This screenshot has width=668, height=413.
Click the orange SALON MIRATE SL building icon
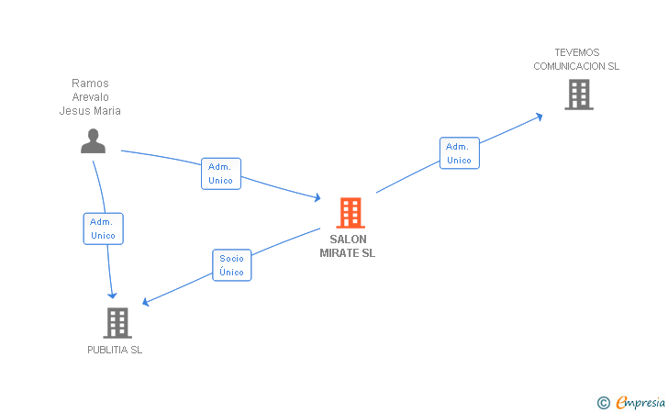[350, 213]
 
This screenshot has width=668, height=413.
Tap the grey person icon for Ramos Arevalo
[93, 140]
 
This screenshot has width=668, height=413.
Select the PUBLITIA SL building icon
[117, 322]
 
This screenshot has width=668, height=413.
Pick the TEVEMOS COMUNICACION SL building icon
[578, 94]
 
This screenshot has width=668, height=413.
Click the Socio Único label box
[231, 265]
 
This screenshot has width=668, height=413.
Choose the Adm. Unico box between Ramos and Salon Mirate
[221, 173]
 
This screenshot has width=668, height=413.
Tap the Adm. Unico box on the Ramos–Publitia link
[103, 229]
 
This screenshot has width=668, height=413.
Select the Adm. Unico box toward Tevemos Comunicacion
[459, 153]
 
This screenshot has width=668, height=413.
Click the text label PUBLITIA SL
[115, 350]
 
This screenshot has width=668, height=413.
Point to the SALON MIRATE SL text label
[347, 246]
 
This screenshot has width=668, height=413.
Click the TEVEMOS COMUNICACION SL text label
[576, 59]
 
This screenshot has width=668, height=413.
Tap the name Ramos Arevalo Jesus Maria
[90, 97]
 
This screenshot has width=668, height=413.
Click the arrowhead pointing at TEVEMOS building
[540, 116]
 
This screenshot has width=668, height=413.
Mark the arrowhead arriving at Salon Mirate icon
[317, 197]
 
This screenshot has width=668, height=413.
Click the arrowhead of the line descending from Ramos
[113, 294]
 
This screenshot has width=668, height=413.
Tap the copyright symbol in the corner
[603, 402]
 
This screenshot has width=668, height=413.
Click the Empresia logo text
[640, 402]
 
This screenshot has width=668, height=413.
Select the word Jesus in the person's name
[73, 111]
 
